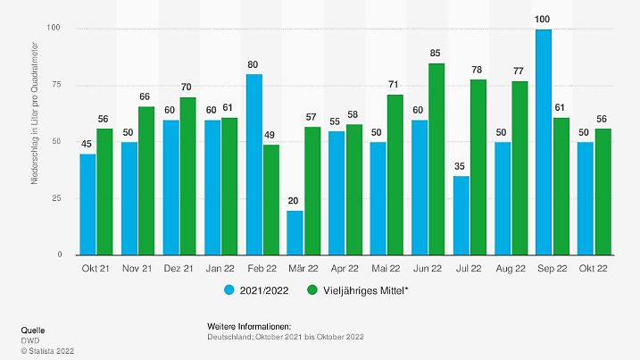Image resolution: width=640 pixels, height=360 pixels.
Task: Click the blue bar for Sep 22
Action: pyautogui.click(x=543, y=143)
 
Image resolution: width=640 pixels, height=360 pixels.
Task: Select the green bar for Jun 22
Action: pyautogui.click(x=436, y=159)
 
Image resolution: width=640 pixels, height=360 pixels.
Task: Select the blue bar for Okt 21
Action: pyautogui.click(x=87, y=204)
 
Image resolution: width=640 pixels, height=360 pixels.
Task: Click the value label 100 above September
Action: pyautogui.click(x=543, y=19)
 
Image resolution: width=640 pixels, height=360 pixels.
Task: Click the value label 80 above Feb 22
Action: pyautogui.click(x=253, y=63)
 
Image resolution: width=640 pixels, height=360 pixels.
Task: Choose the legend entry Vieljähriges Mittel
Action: pyautogui.click(x=357, y=290)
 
